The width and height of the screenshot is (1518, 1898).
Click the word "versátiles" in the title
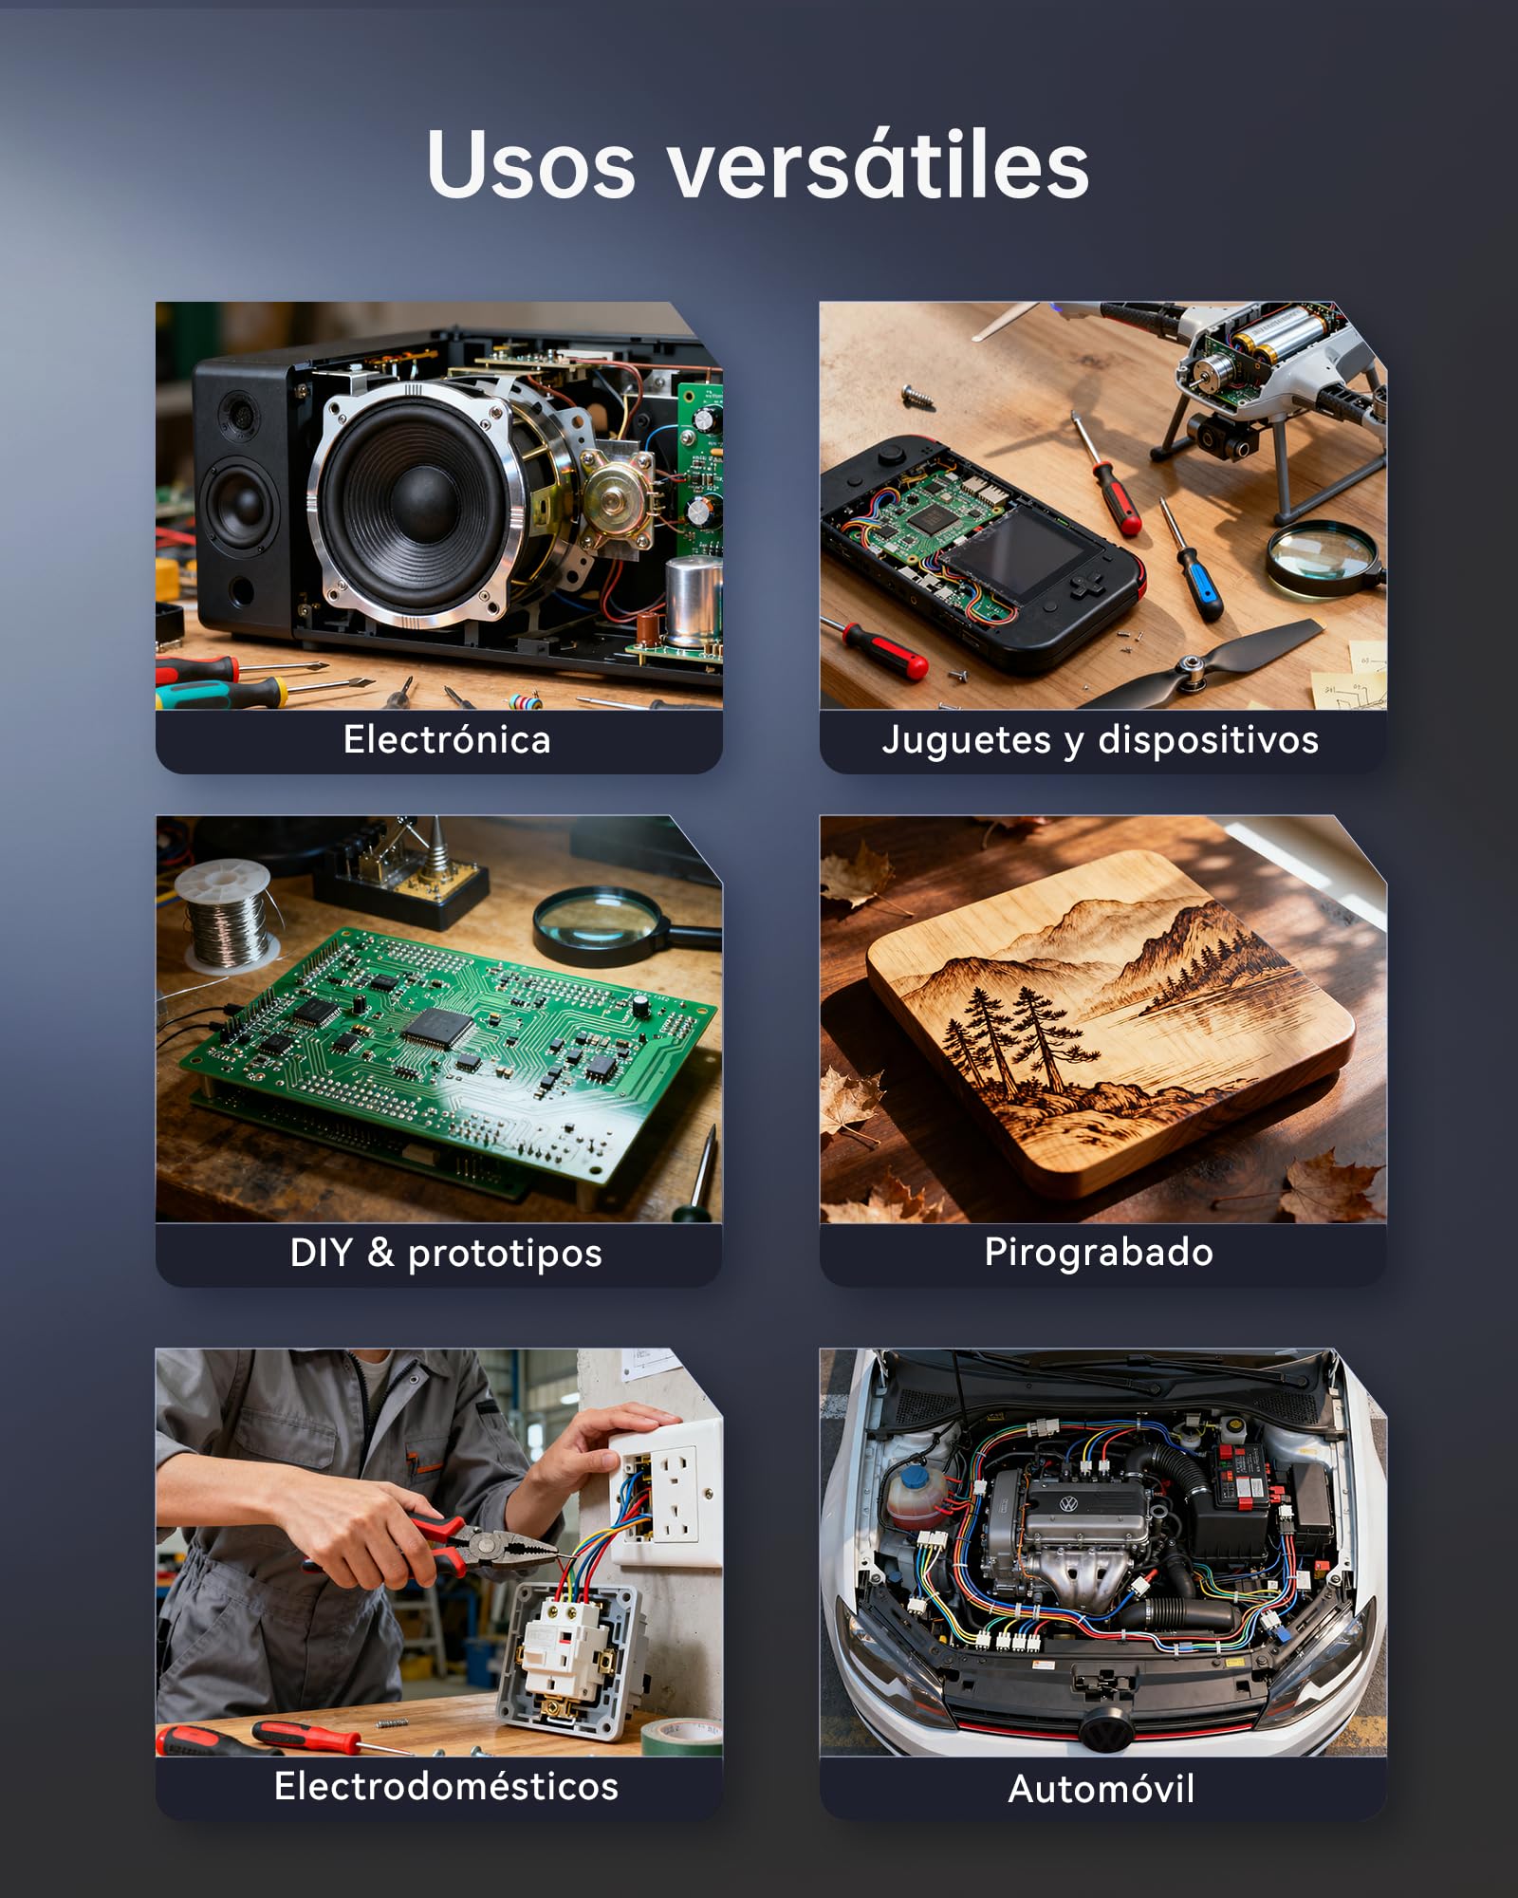click(x=879, y=165)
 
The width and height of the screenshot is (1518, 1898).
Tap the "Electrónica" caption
click(x=447, y=740)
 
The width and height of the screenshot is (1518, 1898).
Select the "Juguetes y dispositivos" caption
click(x=1101, y=740)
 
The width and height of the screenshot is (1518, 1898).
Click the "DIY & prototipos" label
click(x=446, y=1253)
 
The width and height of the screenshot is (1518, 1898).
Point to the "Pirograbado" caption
click(x=1099, y=1253)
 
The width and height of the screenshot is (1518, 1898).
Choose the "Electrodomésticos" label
click(x=446, y=1786)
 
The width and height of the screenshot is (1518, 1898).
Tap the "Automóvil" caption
click(x=1101, y=1789)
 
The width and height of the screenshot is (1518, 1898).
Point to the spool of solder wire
click(x=227, y=916)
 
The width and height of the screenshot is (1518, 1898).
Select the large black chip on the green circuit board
click(x=438, y=1027)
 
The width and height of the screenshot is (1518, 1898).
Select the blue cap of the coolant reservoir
click(x=915, y=1479)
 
